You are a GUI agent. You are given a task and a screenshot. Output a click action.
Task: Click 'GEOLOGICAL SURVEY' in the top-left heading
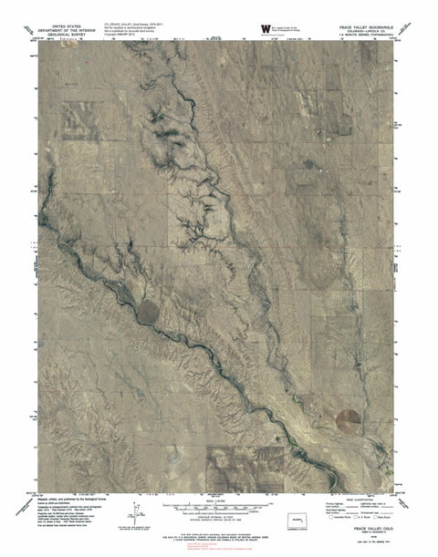pos(73,36)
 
